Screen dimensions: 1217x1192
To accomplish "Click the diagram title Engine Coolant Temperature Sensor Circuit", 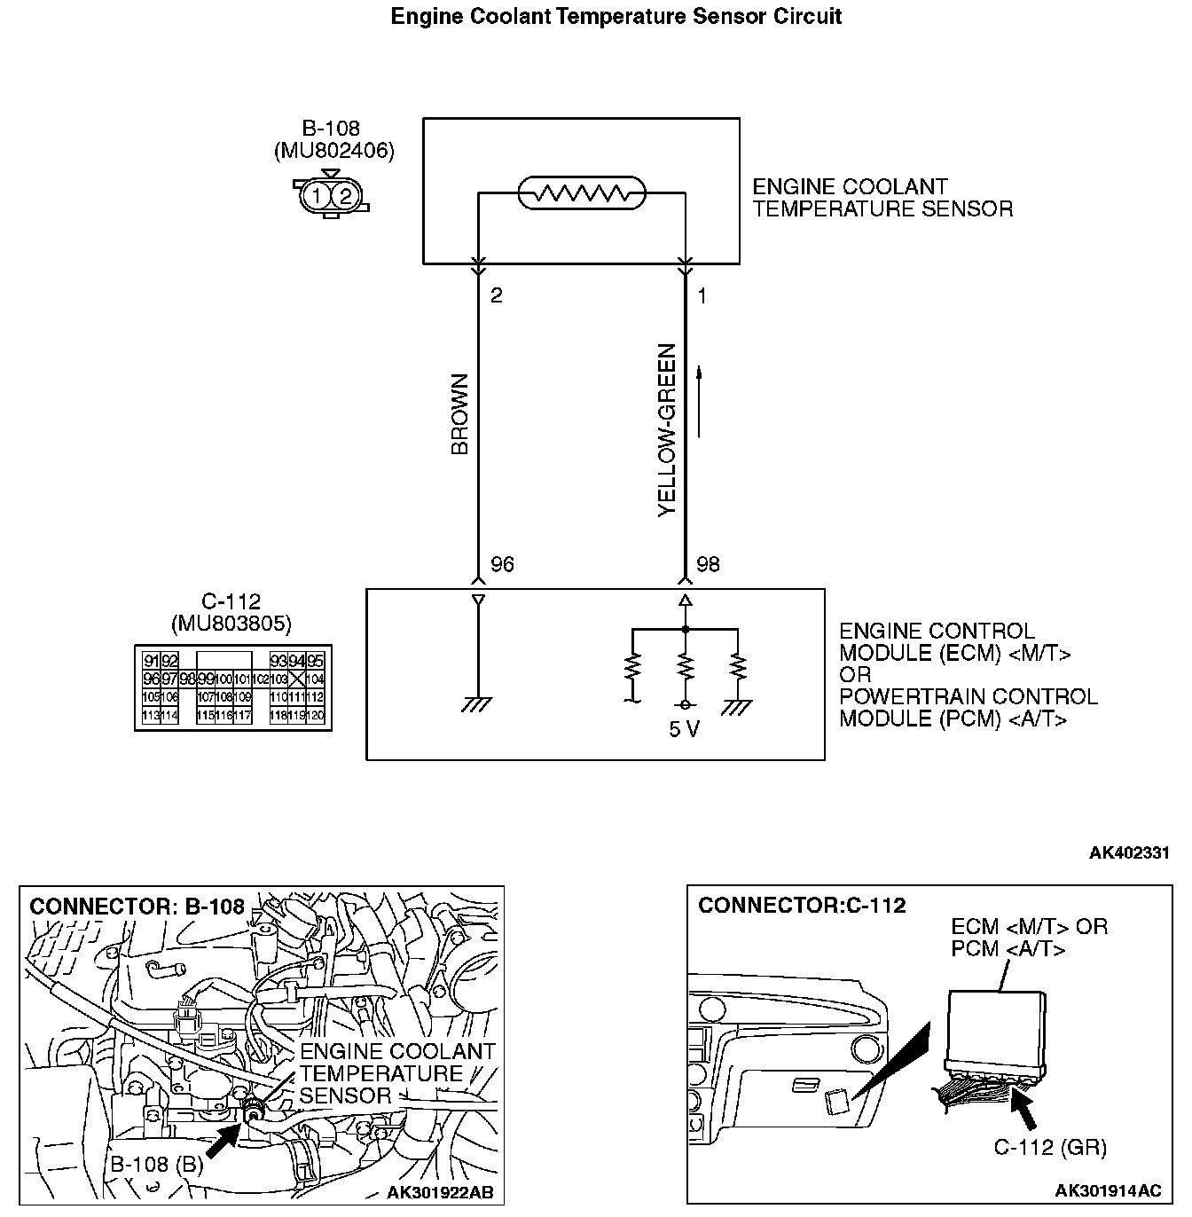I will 616,16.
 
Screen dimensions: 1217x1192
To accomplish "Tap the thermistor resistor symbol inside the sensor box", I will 582,192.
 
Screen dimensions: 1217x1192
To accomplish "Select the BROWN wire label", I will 459,414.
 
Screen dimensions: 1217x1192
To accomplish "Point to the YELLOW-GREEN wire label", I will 667,430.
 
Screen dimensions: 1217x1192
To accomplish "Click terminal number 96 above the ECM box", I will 502,565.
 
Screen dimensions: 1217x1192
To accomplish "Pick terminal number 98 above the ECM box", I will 708,565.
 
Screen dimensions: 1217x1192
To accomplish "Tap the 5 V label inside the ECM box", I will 685,730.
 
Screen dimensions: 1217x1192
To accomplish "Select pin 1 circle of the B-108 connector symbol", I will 317,195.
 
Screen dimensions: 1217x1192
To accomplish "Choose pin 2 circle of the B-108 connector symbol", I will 345,195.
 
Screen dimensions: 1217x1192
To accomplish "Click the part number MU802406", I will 334,151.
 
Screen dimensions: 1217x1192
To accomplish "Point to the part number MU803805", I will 231,624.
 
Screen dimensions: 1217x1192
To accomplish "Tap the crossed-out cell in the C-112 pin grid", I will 296,679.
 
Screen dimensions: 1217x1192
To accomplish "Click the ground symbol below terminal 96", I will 478,704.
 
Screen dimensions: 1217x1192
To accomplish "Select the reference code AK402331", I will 1129,853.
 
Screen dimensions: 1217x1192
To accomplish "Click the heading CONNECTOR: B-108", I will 137,907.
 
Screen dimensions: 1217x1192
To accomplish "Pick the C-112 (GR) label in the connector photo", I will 1049,1148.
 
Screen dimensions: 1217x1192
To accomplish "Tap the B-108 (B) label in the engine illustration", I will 156,1165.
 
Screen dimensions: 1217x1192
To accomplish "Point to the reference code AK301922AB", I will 440,1192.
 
